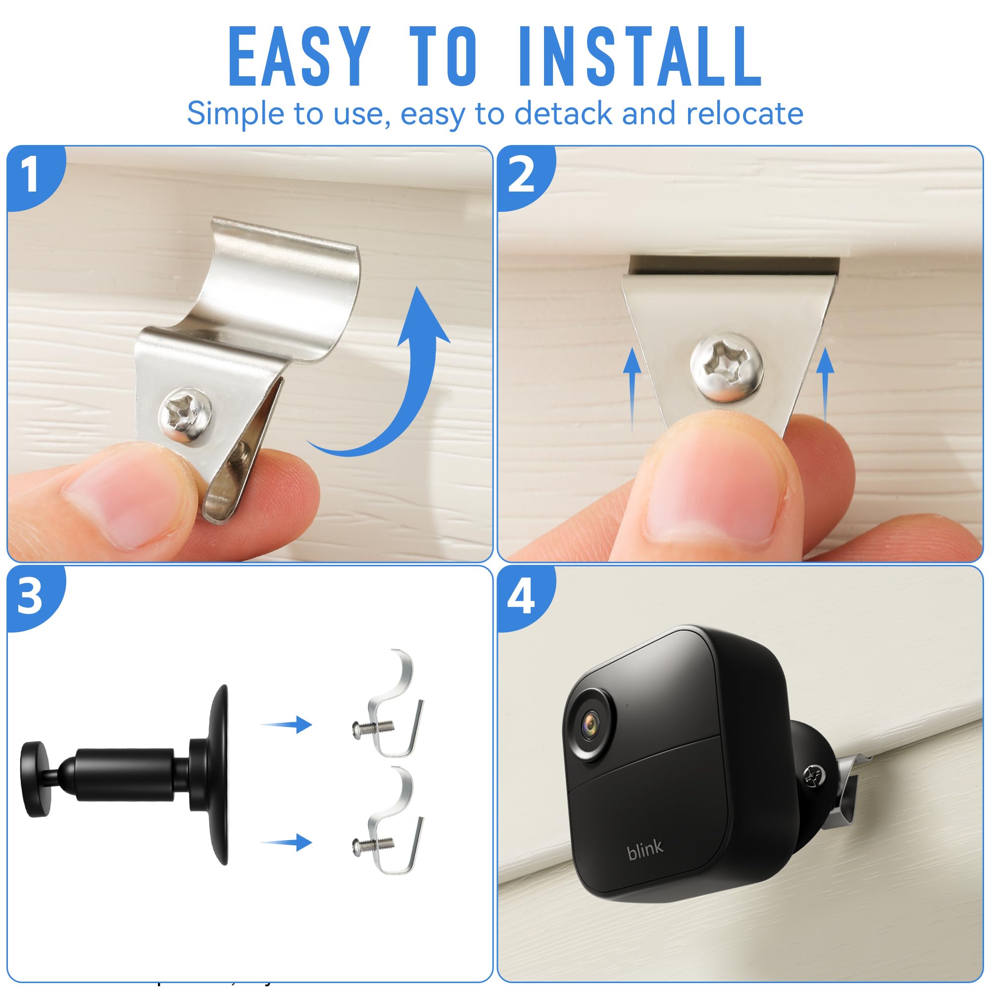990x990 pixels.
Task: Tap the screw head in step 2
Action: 726,366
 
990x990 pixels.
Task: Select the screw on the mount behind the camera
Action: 814,775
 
